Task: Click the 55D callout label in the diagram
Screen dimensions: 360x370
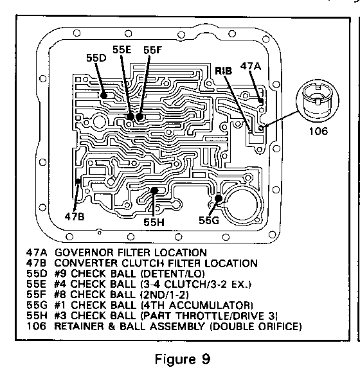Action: [x=96, y=58]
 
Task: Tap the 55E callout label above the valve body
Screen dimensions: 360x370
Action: [x=122, y=49]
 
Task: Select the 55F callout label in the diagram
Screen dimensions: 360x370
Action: [x=152, y=50]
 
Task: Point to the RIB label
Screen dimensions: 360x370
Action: [x=223, y=71]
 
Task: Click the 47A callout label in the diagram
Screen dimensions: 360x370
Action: [x=251, y=66]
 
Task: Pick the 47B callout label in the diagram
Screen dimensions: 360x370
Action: [x=75, y=216]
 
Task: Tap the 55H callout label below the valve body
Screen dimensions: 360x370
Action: [x=154, y=222]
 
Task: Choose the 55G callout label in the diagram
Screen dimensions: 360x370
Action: [x=209, y=220]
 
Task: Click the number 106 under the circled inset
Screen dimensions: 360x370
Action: [x=318, y=131]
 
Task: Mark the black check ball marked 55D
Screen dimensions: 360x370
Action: [x=104, y=95]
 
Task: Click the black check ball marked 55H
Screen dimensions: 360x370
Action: [x=154, y=190]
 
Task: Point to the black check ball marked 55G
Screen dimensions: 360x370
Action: [x=219, y=198]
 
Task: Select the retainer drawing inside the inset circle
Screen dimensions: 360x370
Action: [x=318, y=101]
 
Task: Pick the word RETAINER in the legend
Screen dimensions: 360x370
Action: [x=79, y=326]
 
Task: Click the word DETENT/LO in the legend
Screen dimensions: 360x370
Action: [x=172, y=274]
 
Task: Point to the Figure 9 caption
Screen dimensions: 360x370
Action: [x=183, y=359]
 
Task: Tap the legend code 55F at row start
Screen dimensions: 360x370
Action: [x=37, y=295]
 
